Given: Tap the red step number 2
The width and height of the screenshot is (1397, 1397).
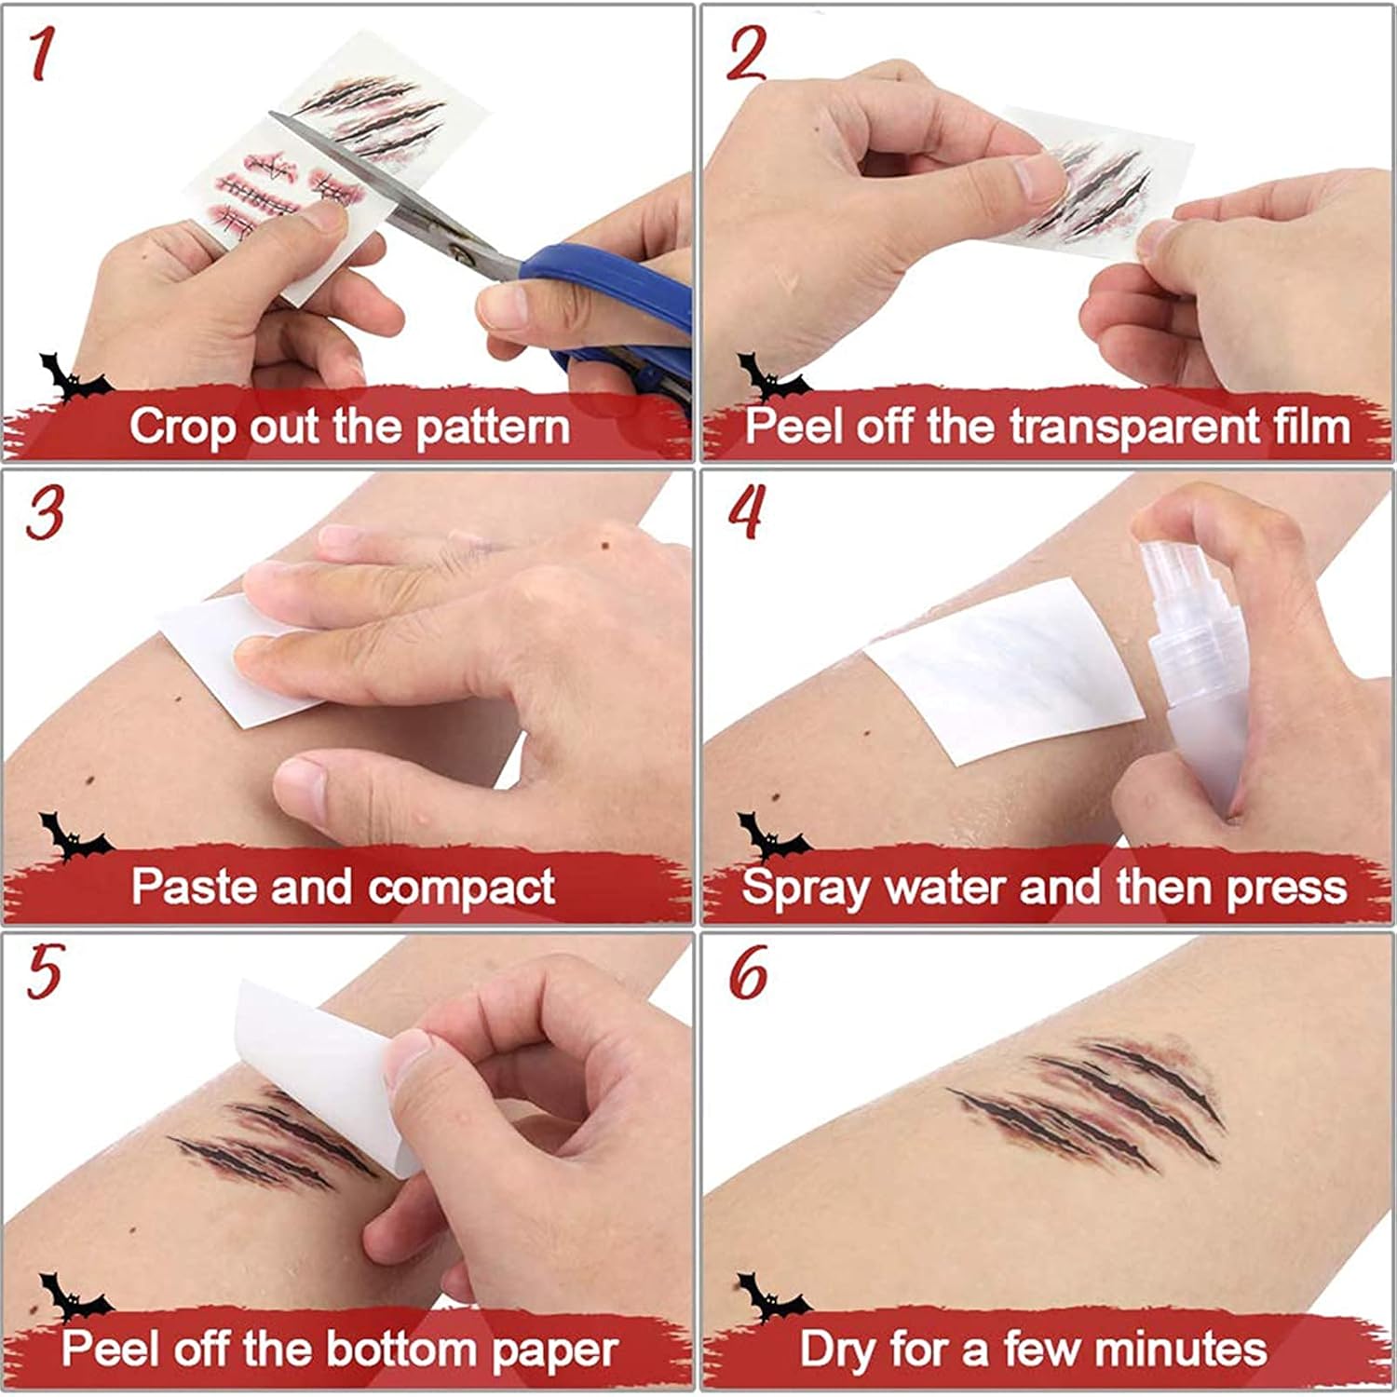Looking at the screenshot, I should coord(745,54).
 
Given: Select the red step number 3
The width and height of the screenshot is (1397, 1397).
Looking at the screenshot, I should coord(44,514).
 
